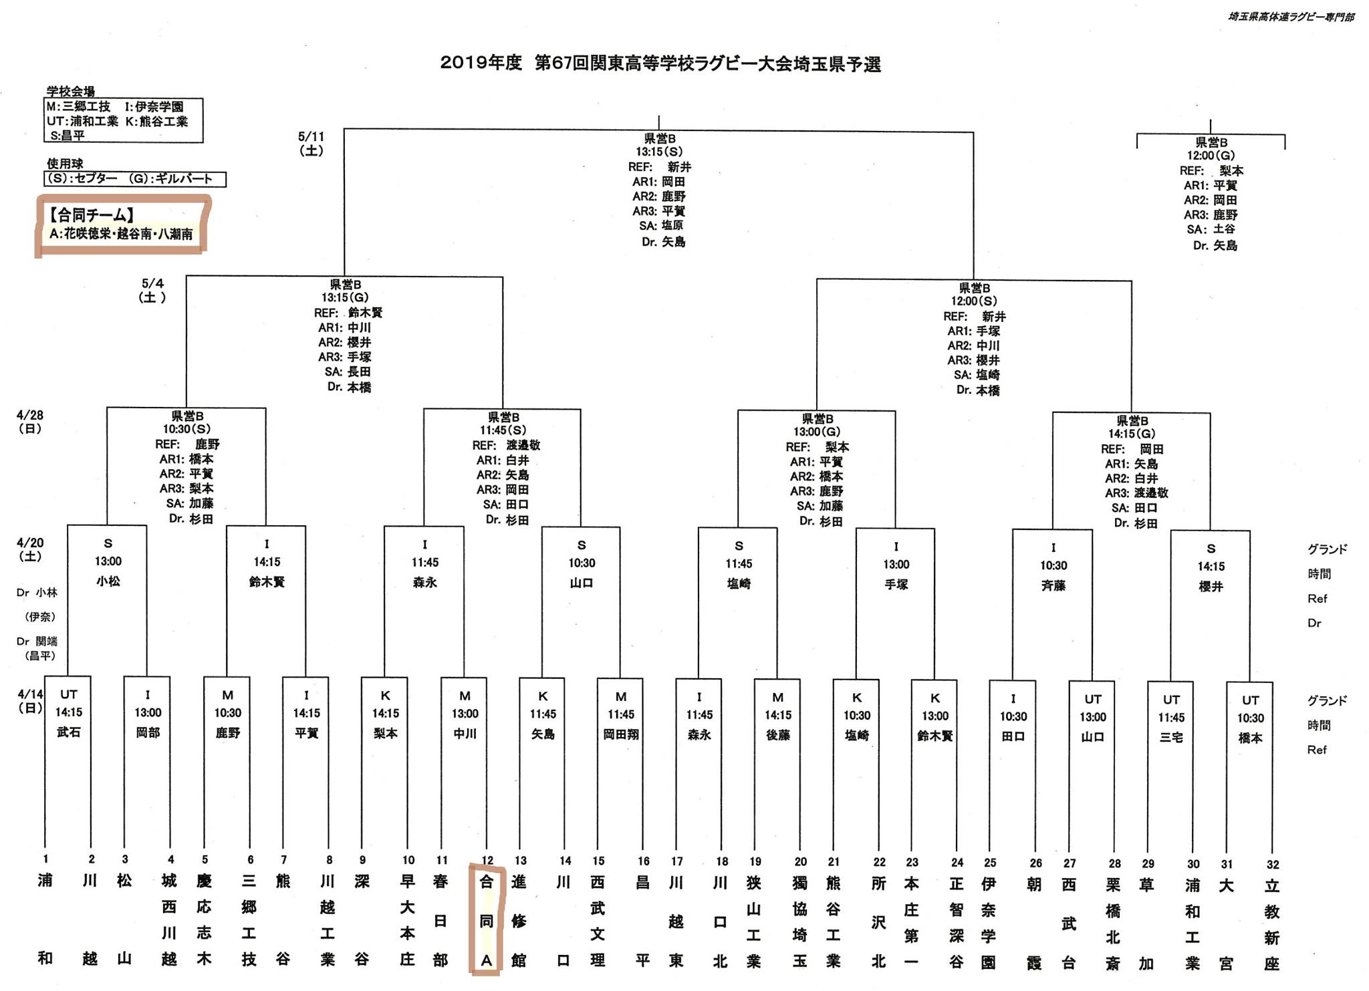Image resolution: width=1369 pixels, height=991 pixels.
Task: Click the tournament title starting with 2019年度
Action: point(660,64)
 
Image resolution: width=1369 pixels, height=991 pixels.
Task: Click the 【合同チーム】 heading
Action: point(92,215)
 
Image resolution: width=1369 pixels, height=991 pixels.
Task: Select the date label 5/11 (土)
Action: point(312,143)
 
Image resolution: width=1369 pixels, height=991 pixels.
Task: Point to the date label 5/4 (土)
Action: point(152,290)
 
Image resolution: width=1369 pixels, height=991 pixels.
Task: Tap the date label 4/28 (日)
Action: point(30,421)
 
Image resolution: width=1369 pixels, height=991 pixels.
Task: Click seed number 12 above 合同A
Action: point(487,860)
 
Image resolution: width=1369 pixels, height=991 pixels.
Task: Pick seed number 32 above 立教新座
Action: point(1272,864)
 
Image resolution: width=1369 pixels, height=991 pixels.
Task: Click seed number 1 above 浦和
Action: point(45,859)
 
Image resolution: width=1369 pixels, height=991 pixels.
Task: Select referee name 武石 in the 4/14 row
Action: point(69,732)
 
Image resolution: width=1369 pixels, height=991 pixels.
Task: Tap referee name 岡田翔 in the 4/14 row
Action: point(621,734)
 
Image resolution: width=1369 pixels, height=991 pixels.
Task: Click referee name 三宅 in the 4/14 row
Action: point(1171,736)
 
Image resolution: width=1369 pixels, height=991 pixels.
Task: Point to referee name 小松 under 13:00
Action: point(108,581)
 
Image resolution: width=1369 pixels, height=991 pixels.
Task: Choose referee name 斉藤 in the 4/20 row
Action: point(1053,585)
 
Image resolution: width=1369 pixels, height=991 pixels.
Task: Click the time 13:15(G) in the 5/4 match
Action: point(345,297)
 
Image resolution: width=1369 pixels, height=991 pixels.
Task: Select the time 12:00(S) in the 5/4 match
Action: point(974,301)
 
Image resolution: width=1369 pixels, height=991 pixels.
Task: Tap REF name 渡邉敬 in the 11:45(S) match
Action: point(523,445)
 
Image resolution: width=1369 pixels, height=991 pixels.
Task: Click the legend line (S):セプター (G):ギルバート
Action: point(134,179)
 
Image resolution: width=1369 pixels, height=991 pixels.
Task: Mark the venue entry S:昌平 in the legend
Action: point(68,136)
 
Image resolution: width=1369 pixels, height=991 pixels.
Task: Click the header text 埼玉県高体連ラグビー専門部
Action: point(1291,17)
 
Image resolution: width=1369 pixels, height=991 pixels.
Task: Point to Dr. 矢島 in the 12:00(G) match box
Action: point(1215,245)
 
